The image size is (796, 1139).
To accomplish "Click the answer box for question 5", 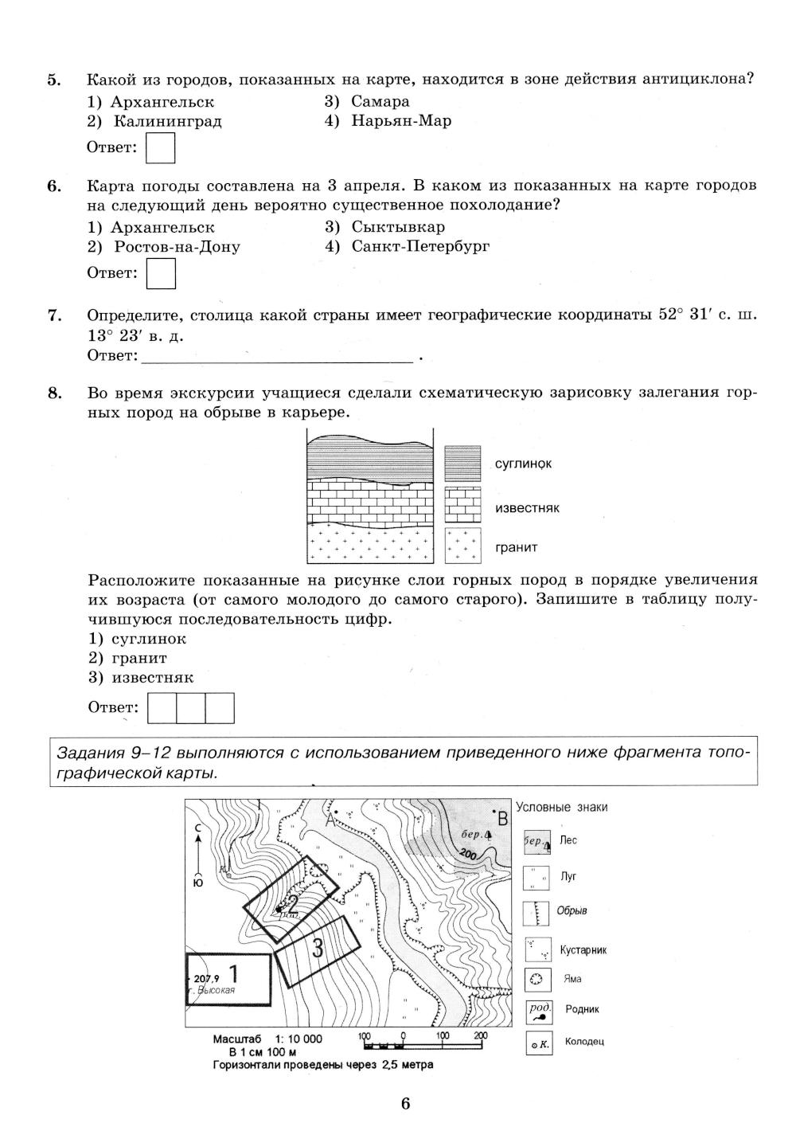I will click(x=162, y=148).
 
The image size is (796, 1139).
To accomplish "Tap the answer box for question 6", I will click(x=162, y=274).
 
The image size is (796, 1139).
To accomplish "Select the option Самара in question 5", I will click(x=380, y=101).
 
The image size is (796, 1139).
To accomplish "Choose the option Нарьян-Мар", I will click(x=400, y=121).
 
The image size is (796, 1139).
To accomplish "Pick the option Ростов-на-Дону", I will click(x=176, y=246).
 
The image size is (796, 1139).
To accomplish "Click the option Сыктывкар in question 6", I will click(x=397, y=226).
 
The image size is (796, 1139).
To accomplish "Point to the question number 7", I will click(x=54, y=315).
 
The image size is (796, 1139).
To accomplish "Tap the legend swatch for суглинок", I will click(x=463, y=464).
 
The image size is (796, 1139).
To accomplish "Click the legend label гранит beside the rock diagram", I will click(x=516, y=547).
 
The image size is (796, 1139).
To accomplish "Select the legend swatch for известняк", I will click(x=463, y=505).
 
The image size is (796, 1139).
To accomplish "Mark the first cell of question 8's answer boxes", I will click(x=162, y=708).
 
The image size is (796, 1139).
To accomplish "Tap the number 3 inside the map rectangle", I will click(x=318, y=948).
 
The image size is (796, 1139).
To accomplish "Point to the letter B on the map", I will click(x=502, y=818).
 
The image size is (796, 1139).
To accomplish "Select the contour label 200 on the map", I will click(x=467, y=855).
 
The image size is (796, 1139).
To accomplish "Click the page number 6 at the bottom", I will click(x=405, y=1103).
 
